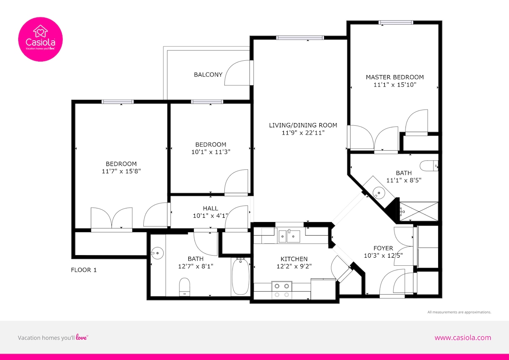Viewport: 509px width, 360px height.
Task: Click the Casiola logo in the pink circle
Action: click(40, 39)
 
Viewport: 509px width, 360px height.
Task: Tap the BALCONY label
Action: click(208, 75)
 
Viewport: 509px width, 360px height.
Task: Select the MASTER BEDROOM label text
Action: click(395, 77)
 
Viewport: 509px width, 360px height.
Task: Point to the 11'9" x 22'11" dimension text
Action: click(303, 132)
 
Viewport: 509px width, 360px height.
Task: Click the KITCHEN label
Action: click(294, 259)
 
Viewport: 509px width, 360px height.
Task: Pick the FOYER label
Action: click(383, 248)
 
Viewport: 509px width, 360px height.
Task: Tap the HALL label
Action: click(210, 208)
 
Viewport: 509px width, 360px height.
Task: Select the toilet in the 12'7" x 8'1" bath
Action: click(185, 287)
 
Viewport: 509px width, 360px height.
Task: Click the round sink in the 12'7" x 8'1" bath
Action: click(157, 253)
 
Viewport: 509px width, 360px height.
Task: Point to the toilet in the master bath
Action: click(429, 166)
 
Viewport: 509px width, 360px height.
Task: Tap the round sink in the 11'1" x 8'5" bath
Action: click(378, 193)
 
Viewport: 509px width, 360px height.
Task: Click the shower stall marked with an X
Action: click(419, 211)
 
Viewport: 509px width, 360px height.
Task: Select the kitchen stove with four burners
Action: click(282, 290)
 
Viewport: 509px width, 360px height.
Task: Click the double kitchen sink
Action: click(289, 236)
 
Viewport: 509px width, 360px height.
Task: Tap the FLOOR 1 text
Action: click(84, 270)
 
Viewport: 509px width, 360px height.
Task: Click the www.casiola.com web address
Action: click(463, 338)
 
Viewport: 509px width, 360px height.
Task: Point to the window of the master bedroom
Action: click(396, 22)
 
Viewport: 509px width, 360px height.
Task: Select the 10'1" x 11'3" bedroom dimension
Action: click(211, 152)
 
